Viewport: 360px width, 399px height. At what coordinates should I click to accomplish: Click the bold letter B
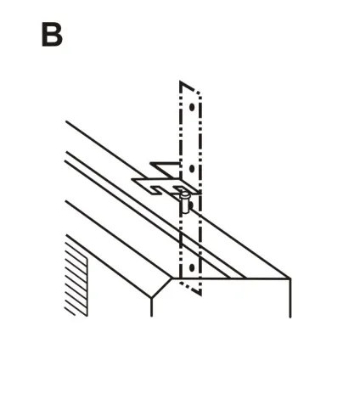(52, 35)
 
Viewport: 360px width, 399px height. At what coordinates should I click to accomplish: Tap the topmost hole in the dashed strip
(192, 107)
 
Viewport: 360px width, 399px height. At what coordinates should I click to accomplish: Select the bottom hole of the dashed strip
(192, 267)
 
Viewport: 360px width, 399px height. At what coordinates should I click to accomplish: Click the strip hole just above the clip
(192, 169)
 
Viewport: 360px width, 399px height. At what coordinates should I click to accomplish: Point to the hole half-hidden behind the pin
(191, 205)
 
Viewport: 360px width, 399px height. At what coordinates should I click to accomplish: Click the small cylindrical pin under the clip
(185, 202)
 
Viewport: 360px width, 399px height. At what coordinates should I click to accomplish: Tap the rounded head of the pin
(185, 194)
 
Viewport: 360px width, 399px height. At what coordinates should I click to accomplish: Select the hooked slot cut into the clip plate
(158, 190)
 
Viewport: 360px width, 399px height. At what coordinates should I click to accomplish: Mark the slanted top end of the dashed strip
(190, 87)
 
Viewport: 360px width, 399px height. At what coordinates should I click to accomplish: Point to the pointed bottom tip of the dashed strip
(200, 294)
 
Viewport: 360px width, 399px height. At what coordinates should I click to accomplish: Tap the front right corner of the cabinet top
(290, 278)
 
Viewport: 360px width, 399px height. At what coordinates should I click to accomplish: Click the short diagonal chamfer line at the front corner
(161, 288)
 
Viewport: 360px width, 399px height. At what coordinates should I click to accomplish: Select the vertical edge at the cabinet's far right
(290, 298)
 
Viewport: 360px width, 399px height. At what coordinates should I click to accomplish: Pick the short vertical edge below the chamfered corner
(152, 307)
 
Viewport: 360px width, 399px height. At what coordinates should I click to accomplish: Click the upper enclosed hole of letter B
(52, 30)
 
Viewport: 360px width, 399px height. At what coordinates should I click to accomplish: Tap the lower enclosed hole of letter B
(52, 39)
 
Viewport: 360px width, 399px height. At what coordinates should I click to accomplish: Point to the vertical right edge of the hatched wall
(87, 286)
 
